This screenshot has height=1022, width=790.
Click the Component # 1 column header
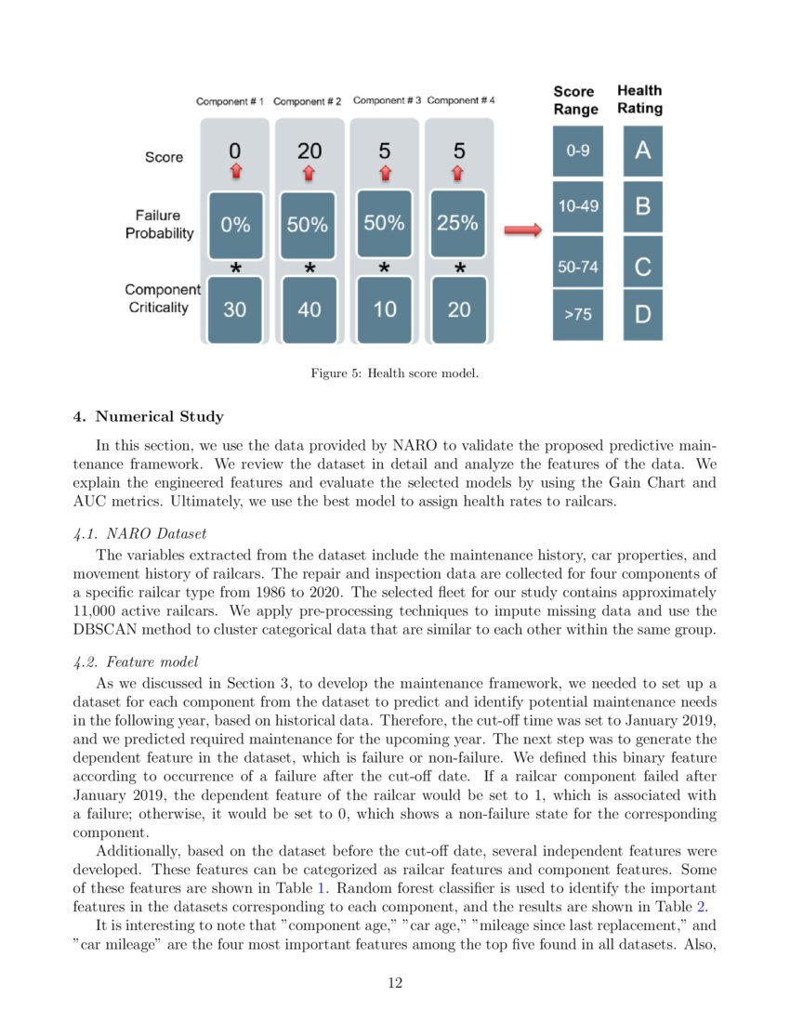tap(230, 101)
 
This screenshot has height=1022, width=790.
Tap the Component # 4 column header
tap(460, 100)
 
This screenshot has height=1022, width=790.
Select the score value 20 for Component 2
tap(309, 151)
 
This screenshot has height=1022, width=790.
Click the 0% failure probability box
tap(235, 225)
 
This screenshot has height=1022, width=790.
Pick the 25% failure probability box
tap(458, 224)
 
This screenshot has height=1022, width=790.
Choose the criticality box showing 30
tap(235, 309)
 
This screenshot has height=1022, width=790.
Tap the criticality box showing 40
tap(309, 309)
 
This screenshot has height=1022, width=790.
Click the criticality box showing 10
tap(384, 309)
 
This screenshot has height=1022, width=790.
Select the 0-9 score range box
tap(577, 151)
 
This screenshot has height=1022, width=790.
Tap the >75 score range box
tap(577, 315)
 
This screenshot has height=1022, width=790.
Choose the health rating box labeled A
tap(642, 151)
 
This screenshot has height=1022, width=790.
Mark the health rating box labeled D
tap(642, 315)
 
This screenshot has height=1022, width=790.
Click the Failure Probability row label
tap(160, 224)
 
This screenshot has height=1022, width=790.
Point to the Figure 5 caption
tap(394, 373)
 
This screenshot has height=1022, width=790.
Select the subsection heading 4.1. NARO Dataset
tap(138, 534)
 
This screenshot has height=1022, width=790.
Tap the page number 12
tap(395, 982)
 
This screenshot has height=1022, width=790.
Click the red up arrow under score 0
tap(235, 171)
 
